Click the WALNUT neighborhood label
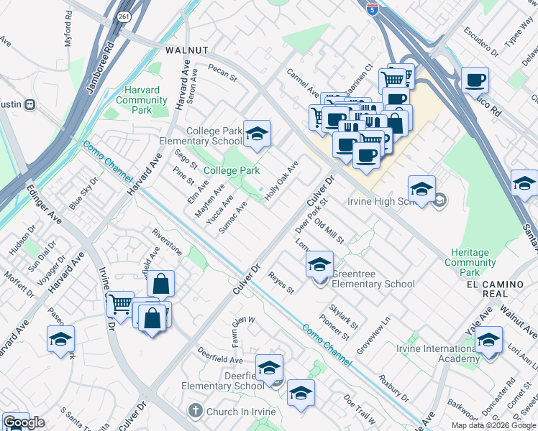coord(186,50)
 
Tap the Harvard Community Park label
coord(142,100)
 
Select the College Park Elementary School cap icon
coord(257,134)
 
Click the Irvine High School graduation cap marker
coord(421,190)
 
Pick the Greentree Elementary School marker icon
coord(319,265)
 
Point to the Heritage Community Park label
coord(471,262)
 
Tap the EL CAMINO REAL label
coord(495,284)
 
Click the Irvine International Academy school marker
coord(488,340)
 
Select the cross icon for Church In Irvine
coord(193,411)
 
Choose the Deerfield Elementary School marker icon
coord(269,369)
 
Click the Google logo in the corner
coord(24,422)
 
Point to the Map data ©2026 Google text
coord(493,425)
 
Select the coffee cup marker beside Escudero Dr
coord(474,80)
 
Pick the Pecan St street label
coord(222,71)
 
